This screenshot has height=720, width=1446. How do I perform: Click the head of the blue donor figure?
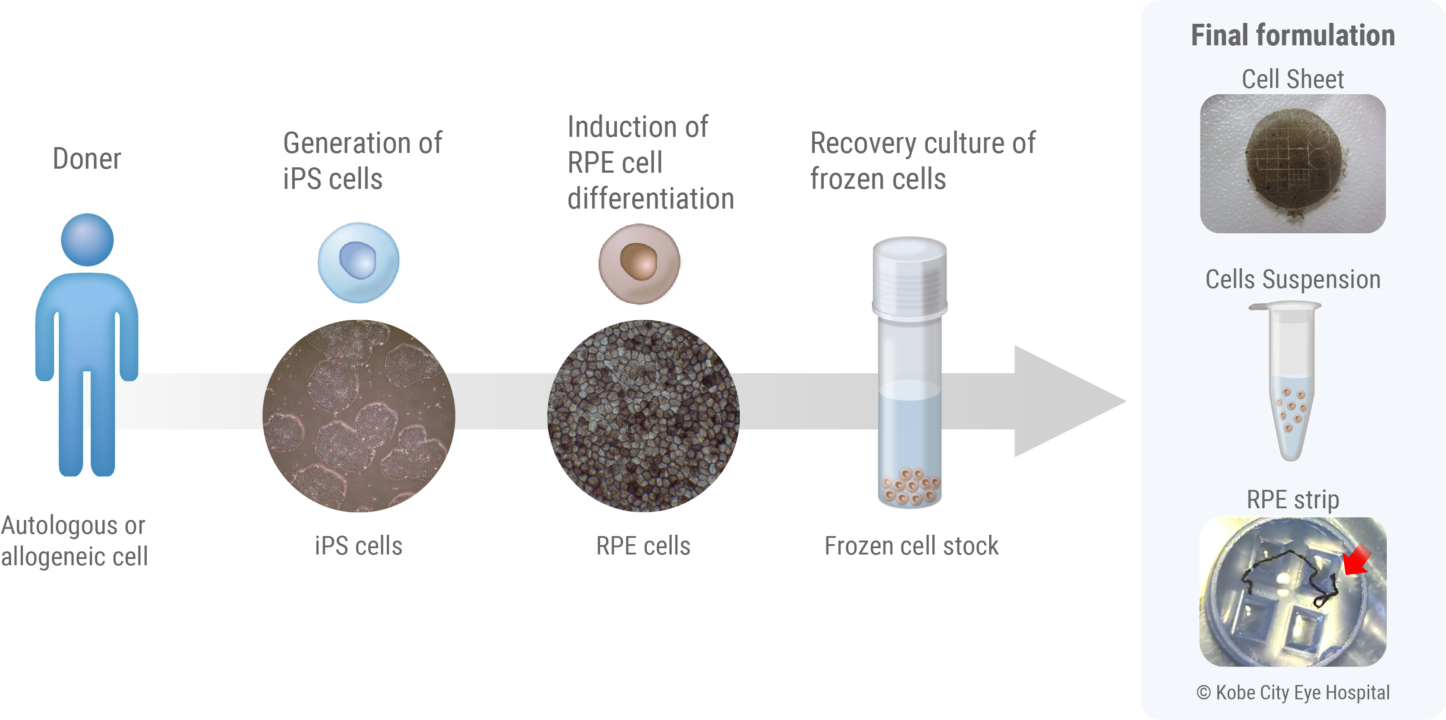click(x=87, y=240)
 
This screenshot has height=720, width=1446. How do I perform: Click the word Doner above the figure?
click(x=87, y=159)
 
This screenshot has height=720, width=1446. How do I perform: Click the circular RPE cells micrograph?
click(x=643, y=416)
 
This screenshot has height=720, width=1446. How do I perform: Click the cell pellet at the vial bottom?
click(x=910, y=486)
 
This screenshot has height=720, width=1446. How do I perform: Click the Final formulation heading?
click(x=1293, y=35)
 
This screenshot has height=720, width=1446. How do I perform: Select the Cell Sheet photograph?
click(x=1293, y=163)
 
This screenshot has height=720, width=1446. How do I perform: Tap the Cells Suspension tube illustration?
click(x=1290, y=382)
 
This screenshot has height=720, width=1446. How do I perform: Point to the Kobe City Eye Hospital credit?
click(x=1293, y=693)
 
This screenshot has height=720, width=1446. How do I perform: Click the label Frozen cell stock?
click(x=911, y=545)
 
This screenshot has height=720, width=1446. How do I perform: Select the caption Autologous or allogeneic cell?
click(x=74, y=541)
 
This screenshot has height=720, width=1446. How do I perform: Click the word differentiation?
click(x=651, y=199)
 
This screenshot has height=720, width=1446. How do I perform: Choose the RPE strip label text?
click(x=1293, y=499)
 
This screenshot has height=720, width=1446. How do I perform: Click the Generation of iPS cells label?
click(x=362, y=161)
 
